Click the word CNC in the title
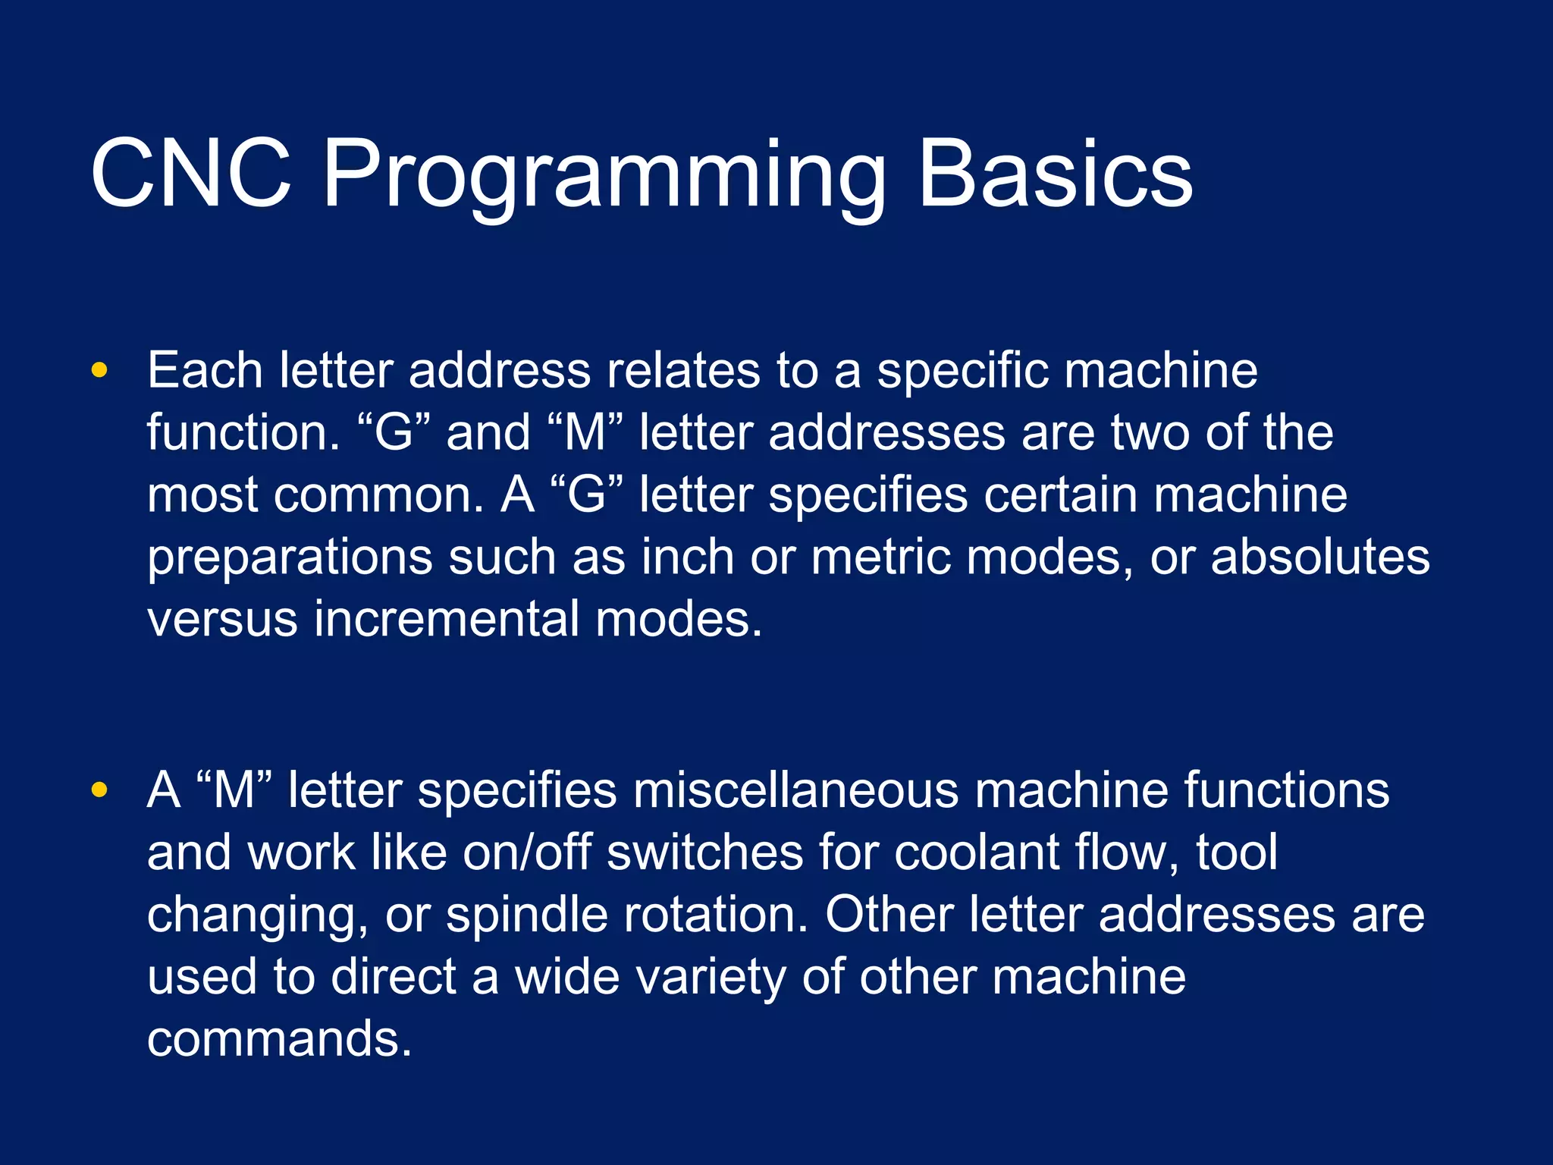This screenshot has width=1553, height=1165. coord(190,174)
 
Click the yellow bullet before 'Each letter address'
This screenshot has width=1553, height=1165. coord(99,371)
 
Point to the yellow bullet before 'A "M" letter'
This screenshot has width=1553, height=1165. coord(99,790)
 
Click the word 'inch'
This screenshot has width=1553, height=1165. coord(688,557)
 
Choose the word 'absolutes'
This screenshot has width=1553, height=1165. coord(1320,557)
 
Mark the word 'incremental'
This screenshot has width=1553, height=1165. coord(446,620)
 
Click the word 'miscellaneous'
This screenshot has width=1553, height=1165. coord(795,790)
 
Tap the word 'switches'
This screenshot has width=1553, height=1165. coord(704,853)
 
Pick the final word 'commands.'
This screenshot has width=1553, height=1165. coord(279,1039)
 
